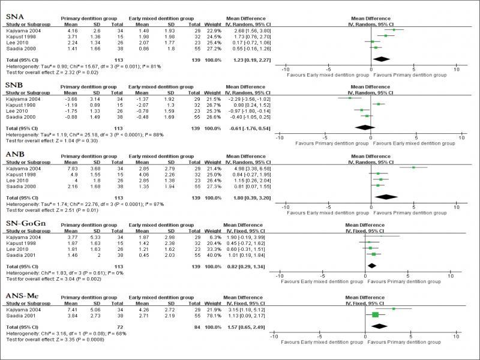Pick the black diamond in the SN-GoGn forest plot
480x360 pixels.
click(371, 265)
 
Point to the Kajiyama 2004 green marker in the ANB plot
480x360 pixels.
click(413, 168)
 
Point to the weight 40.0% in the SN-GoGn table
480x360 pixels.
click(208, 254)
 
